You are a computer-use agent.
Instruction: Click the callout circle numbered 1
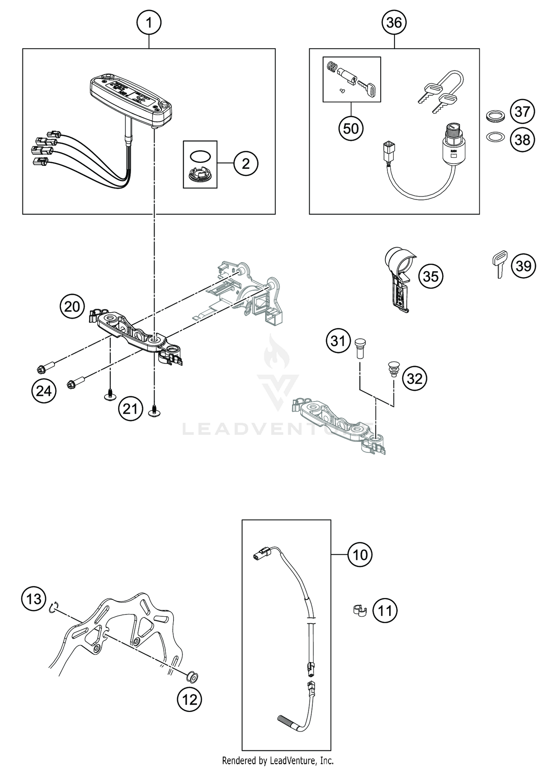[x=149, y=23]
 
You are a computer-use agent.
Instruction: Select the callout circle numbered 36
[x=394, y=23]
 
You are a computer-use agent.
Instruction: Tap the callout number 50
[x=351, y=128]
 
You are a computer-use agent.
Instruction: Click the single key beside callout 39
[x=500, y=264]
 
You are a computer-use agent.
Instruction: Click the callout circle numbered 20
[x=72, y=306]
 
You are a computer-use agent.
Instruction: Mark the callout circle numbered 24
[x=44, y=390]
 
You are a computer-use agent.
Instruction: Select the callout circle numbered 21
[x=130, y=409]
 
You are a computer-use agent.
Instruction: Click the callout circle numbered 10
[x=360, y=565]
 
